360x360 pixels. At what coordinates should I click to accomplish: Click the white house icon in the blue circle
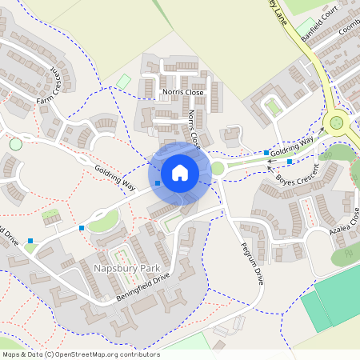pos(179,172)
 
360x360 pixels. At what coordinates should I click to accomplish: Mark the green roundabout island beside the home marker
pos(218,168)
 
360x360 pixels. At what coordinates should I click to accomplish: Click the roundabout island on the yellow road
pos(335,123)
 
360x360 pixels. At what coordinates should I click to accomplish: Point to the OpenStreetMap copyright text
pos(81,354)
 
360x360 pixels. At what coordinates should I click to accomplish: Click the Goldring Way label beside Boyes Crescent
pos(291,147)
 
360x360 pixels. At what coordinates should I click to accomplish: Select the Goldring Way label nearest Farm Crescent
pos(115,177)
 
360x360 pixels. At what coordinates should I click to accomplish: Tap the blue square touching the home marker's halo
pos(158,183)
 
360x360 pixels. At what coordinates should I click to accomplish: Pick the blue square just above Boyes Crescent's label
pos(290,162)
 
